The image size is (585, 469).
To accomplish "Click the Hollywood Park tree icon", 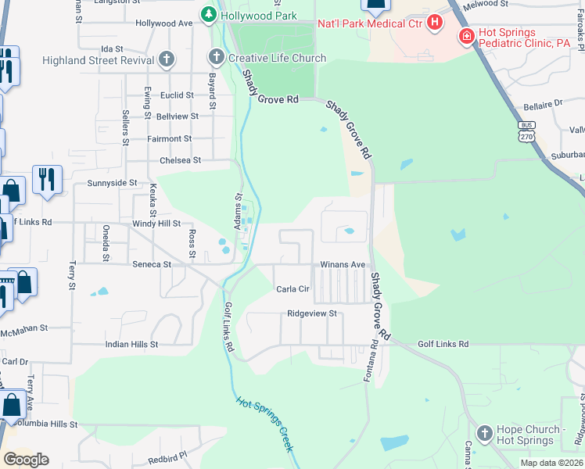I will (x=208, y=15).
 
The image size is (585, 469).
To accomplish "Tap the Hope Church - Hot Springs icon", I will (x=485, y=432).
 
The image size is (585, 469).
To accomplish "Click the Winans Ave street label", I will (x=343, y=264).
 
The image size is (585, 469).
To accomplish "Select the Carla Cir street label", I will (x=293, y=288).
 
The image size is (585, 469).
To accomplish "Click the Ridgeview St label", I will (x=311, y=313).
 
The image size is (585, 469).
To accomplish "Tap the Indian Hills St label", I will (x=131, y=343).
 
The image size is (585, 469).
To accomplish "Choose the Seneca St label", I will (x=151, y=264).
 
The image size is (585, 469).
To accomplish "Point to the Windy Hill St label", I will (x=157, y=224).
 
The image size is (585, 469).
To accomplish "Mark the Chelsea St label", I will (x=180, y=159).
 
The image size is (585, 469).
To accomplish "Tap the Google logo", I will (x=26, y=459).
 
